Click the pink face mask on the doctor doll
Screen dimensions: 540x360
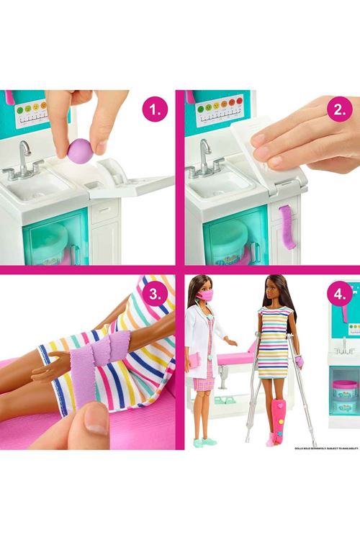(204, 295)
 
